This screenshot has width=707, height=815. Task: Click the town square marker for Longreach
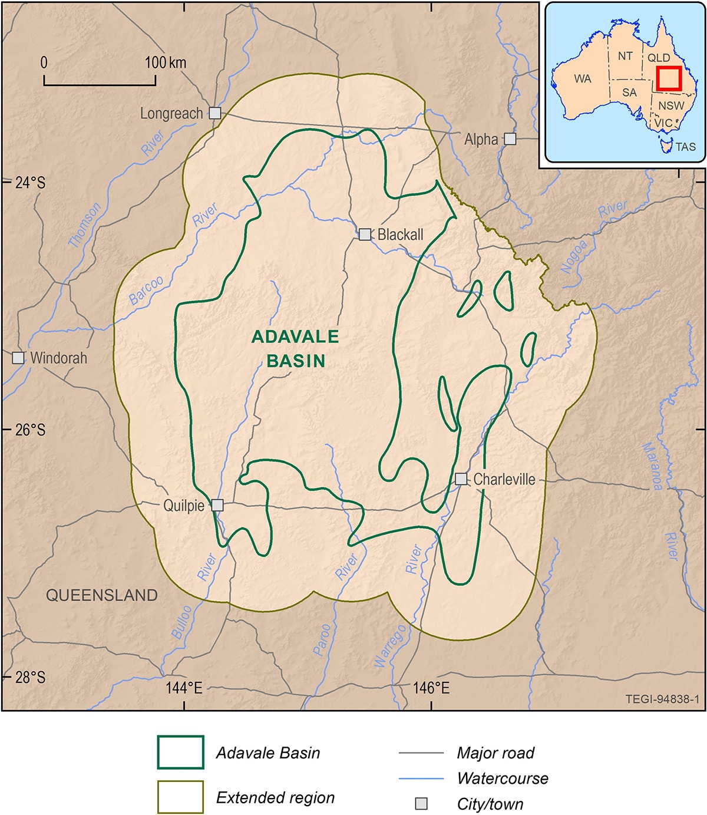(x=215, y=113)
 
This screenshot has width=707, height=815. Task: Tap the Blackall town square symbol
(x=365, y=235)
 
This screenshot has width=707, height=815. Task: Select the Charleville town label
(x=504, y=479)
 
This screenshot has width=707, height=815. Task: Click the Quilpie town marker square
(x=217, y=505)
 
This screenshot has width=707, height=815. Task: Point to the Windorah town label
(x=58, y=358)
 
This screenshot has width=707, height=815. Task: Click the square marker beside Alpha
(x=510, y=139)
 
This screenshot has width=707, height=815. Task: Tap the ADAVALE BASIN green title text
(x=295, y=348)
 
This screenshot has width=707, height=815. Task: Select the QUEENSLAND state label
(x=102, y=595)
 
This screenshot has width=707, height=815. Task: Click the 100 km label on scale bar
(x=166, y=62)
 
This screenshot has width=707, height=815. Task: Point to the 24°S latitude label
(x=30, y=183)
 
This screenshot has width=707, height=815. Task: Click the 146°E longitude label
(x=431, y=688)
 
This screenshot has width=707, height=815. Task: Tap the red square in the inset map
(x=669, y=78)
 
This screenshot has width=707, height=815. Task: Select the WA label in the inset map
(x=582, y=78)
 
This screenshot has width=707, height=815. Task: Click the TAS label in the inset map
(x=685, y=146)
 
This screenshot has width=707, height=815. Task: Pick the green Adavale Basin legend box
(x=180, y=753)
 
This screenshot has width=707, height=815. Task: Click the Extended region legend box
(x=180, y=797)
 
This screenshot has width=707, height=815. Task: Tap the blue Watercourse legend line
(x=421, y=778)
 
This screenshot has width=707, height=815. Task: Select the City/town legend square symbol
(x=421, y=804)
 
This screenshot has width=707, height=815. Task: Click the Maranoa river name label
(x=653, y=466)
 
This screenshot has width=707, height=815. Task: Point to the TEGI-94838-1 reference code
(x=662, y=699)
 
